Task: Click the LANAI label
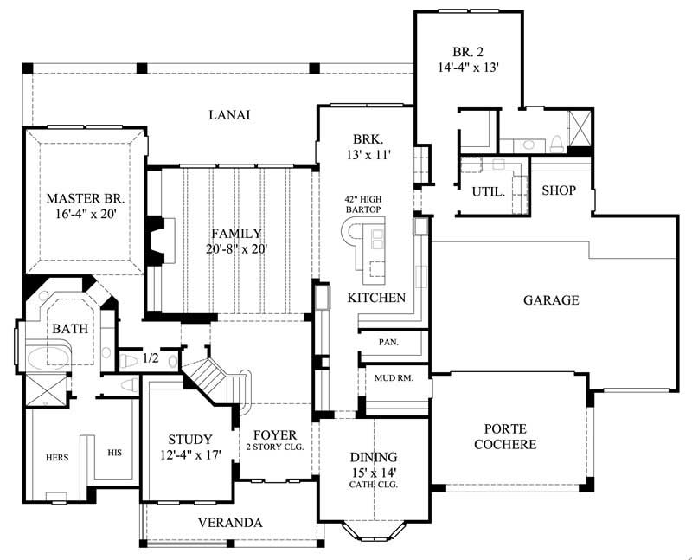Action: point(229,115)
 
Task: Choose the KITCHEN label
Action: point(376,298)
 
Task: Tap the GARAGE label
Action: point(551,300)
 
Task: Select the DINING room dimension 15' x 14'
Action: point(374,472)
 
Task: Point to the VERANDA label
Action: point(230,523)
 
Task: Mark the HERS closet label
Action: point(56,457)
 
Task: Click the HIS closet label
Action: point(115,452)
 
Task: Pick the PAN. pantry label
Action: point(388,343)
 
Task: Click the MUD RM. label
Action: point(394,378)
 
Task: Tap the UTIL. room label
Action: point(489,192)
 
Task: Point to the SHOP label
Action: point(559,190)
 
